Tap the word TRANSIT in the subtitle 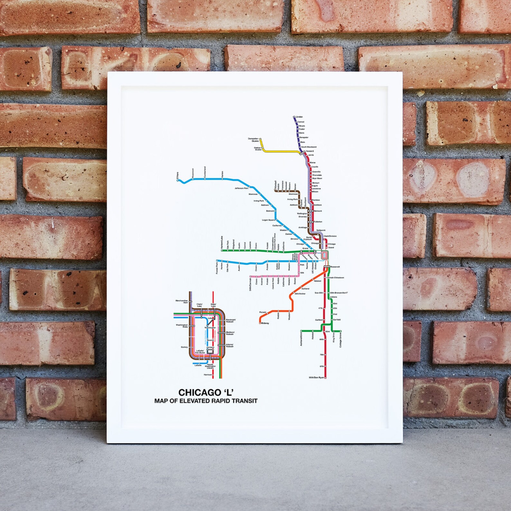click(x=244, y=401)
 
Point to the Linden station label click(x=299, y=117)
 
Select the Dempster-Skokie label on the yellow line click(x=253, y=140)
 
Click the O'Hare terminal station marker click(x=178, y=181)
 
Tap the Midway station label click(x=265, y=323)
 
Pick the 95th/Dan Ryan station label click(x=316, y=377)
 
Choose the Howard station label click(x=309, y=151)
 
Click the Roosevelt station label click(x=335, y=267)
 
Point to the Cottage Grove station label click(x=340, y=339)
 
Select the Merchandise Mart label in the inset click(x=181, y=302)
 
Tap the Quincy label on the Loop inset click(x=184, y=347)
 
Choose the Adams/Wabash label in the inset click(x=230, y=346)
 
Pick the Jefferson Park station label click(x=241, y=188)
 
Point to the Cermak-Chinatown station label click(x=335, y=278)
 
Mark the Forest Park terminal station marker click(x=217, y=261)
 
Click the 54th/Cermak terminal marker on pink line click(x=250, y=276)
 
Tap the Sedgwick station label click(x=321, y=230)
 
